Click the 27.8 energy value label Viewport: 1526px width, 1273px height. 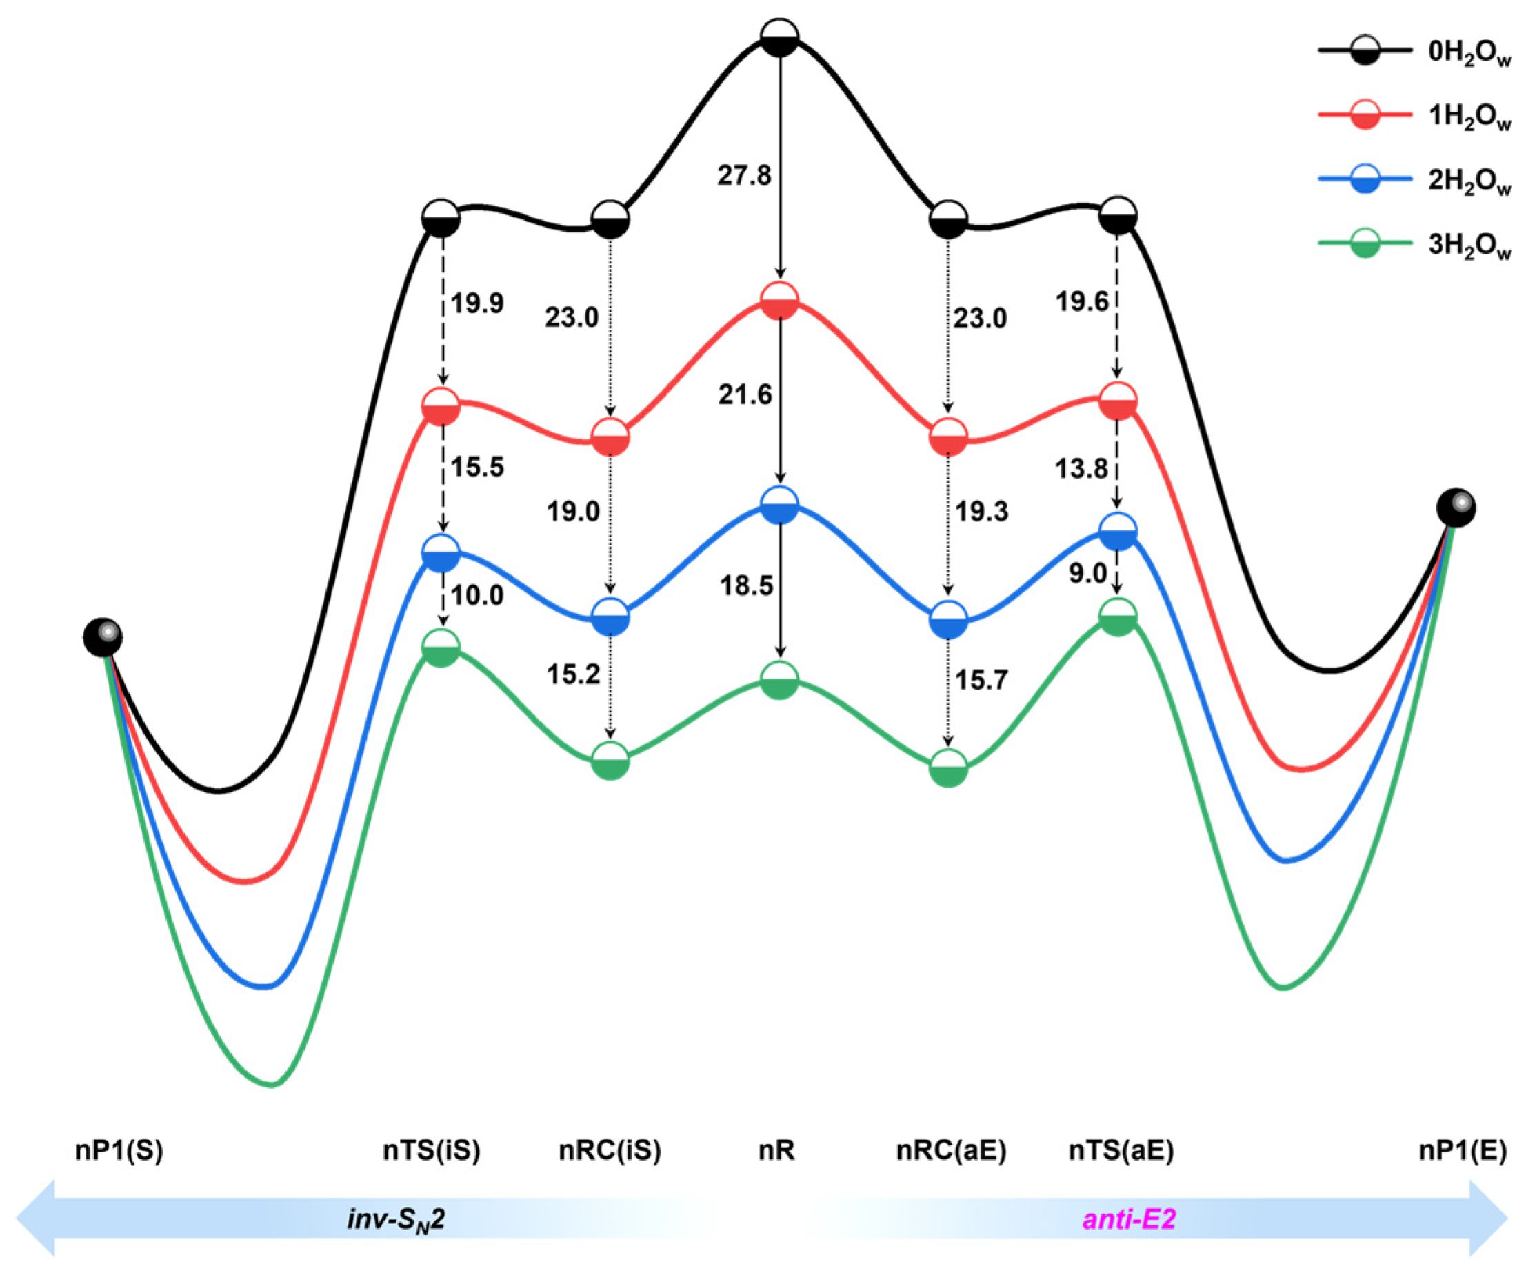[x=744, y=176]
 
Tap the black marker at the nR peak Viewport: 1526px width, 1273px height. [x=779, y=37]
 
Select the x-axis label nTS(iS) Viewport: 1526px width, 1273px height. [x=432, y=1151]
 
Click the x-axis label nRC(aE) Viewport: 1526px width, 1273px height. [x=950, y=1151]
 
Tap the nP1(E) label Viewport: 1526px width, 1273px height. [x=1462, y=1151]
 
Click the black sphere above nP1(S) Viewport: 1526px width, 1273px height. [x=103, y=638]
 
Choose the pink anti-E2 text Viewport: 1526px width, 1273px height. [x=1129, y=1219]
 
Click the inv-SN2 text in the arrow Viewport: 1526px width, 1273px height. [x=395, y=1219]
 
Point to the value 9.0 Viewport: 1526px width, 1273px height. [x=1087, y=574]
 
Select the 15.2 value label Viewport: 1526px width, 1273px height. [x=573, y=674]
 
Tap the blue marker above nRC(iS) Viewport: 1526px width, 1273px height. [x=610, y=617]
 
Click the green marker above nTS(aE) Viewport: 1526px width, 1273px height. [x=1118, y=617]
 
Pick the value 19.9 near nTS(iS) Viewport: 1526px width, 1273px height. [x=476, y=303]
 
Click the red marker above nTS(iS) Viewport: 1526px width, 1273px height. [x=441, y=407]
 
